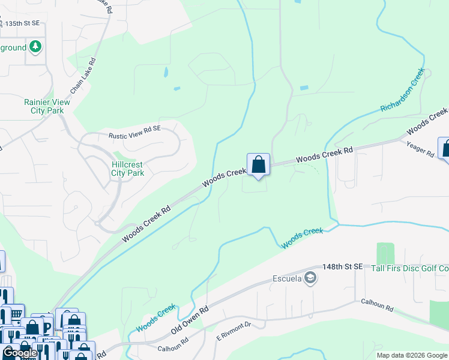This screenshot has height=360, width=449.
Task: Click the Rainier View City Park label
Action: click(x=47, y=106)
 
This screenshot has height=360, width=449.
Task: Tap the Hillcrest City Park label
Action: click(x=128, y=169)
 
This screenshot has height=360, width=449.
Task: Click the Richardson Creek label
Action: click(x=402, y=90)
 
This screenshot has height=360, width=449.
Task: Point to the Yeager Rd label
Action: click(x=420, y=149)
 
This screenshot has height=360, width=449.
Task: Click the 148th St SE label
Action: click(x=343, y=266)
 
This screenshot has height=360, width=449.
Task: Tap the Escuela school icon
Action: click(x=310, y=277)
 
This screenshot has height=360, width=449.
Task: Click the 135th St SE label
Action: click(x=22, y=23)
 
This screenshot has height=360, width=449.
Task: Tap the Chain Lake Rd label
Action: click(x=83, y=76)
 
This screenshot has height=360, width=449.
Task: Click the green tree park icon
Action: click(x=35, y=46)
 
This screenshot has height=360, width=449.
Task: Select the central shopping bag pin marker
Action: click(x=258, y=164)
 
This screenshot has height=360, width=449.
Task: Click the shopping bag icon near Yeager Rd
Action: click(x=446, y=148)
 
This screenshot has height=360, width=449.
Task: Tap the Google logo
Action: click(x=20, y=353)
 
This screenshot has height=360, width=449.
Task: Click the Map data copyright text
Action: click(x=412, y=355)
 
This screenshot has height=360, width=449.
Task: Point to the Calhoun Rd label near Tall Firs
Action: click(x=377, y=307)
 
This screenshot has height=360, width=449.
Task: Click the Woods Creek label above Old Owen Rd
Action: click(x=156, y=318)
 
